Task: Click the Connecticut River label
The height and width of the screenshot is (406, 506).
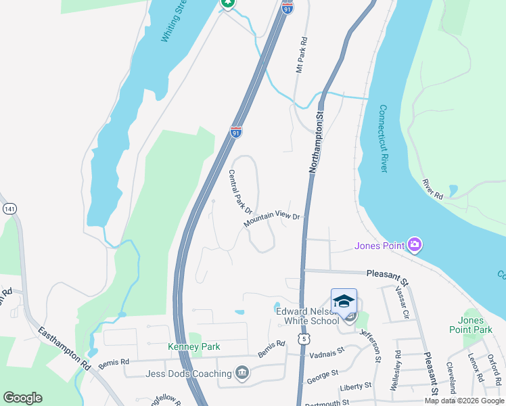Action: point(382,138)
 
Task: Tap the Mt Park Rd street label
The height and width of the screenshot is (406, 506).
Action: point(302,55)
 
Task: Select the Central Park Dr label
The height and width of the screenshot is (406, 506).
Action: point(240,192)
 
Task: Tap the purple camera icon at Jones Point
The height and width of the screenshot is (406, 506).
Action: point(415,244)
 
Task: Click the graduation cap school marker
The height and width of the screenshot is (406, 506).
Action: point(344,301)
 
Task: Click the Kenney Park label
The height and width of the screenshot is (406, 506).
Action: point(194,347)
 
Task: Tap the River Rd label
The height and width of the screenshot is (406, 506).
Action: point(432,189)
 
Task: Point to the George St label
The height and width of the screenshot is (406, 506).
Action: point(322,374)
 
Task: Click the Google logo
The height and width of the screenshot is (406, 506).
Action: point(22,398)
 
